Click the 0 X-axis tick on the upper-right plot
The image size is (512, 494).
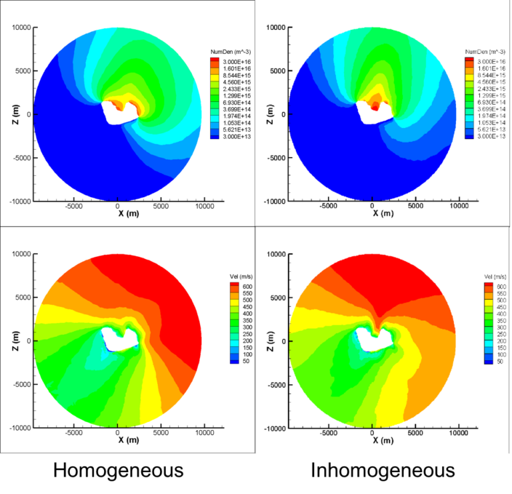click(373, 207)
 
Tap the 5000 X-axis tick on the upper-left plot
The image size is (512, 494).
click(161, 207)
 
